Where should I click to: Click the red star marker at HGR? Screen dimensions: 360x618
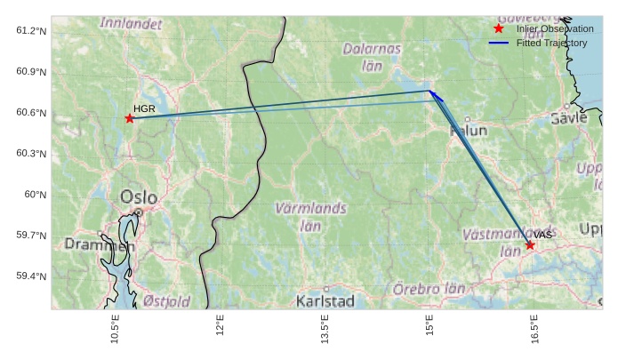130,118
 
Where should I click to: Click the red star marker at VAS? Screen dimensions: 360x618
530,244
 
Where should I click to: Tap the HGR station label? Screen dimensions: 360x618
144,108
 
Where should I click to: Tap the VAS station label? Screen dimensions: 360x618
543,235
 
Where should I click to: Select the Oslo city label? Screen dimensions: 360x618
138,197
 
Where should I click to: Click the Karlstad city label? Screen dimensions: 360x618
325,301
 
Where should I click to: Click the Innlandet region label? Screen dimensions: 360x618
131,23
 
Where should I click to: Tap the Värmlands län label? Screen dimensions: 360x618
310,217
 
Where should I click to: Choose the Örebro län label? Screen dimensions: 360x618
429,289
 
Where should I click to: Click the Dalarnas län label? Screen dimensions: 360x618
373,57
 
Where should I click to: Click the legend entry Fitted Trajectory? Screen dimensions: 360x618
551,43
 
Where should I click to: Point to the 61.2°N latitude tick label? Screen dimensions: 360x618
31,31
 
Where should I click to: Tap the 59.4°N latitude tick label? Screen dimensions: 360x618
31,276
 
